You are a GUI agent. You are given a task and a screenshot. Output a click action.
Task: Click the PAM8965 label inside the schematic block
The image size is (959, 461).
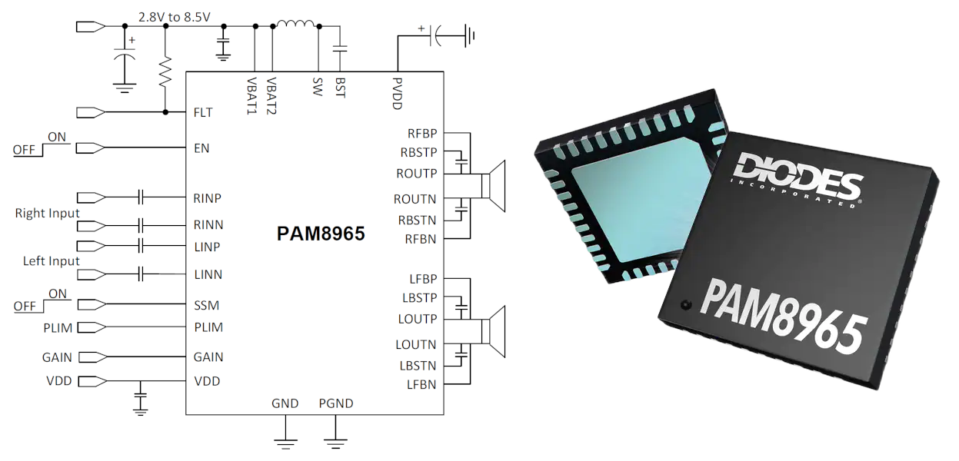pos(321,234)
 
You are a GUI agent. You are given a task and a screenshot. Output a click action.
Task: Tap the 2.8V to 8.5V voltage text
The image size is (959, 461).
pos(174,17)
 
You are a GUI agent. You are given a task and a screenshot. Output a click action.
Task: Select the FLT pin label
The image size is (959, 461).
pos(203,112)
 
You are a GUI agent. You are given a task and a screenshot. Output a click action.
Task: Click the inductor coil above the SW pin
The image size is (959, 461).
pos(296,27)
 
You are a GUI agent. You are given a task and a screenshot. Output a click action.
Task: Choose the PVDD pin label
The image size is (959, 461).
pos(397,93)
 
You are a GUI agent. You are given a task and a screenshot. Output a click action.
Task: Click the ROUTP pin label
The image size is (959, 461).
pos(416,173)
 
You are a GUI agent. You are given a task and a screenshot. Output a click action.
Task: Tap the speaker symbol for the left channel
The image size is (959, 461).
pos(492,331)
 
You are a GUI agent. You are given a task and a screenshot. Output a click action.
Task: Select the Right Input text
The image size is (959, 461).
pos(48,213)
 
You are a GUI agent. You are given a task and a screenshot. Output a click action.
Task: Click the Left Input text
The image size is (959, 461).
pos(52,261)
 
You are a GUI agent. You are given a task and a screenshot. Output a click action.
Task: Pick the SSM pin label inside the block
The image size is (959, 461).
pos(205,305)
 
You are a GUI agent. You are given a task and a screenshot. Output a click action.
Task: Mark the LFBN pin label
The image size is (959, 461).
pos(421,384)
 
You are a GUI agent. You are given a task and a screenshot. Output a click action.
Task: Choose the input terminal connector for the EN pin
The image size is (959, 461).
pos(92,148)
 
